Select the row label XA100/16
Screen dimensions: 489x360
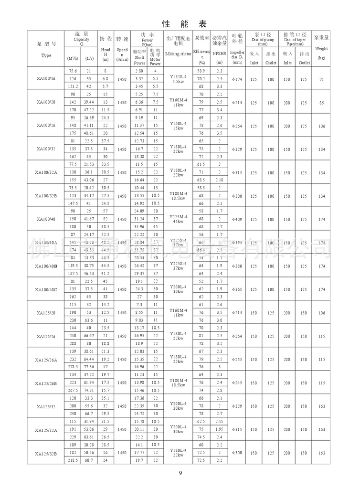pyautogui.click(x=46, y=78)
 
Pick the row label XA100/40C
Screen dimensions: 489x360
pyautogui.click(x=46, y=289)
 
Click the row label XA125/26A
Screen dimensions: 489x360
pyautogui.click(x=46, y=360)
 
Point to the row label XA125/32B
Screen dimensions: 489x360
pyautogui.click(x=46, y=453)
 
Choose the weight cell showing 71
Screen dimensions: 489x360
pyautogui.click(x=321, y=79)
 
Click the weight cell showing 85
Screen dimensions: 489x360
pyautogui.click(x=321, y=102)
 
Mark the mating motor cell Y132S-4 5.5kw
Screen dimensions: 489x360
pyautogui.click(x=178, y=78)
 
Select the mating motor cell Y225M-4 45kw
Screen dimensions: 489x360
pyautogui.click(x=178, y=219)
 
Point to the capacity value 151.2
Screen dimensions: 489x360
pyautogui.click(x=73, y=86)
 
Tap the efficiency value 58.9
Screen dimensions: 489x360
pyautogui.click(x=201, y=71)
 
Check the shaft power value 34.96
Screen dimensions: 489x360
pyautogui.click(x=139, y=226)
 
